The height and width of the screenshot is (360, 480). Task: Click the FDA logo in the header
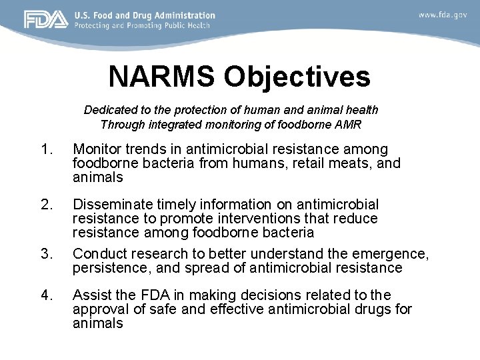[45, 19]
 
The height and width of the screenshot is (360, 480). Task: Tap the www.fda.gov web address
[443, 14]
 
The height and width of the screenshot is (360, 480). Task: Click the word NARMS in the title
[162, 77]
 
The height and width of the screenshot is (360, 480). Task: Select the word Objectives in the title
[297, 77]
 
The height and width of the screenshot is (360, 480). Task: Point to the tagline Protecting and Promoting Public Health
[142, 25]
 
